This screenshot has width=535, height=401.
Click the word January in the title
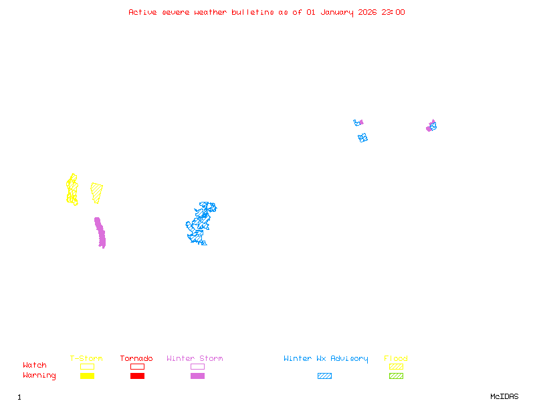tap(337, 12)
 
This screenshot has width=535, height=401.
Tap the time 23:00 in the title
tap(393, 12)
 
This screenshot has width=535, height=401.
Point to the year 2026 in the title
tap(368, 12)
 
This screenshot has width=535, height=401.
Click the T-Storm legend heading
tap(86, 359)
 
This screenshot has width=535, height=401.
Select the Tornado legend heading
tap(136, 359)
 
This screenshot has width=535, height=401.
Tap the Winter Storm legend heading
tap(195, 359)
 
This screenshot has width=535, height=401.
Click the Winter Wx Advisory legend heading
tap(326, 359)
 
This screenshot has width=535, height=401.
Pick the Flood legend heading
tap(396, 359)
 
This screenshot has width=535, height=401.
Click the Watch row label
tap(35, 366)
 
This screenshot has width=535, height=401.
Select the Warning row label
tap(39, 376)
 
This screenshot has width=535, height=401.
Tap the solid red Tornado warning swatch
tap(137, 376)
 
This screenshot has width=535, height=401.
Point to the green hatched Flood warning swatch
tap(396, 376)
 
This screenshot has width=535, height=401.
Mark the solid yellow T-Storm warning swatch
tap(87, 376)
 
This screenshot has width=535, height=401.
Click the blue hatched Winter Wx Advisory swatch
tap(324, 376)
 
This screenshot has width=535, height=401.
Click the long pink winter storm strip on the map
tap(100, 232)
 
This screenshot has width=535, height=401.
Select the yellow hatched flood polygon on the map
tap(97, 192)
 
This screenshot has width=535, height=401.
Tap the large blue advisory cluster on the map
tap(200, 223)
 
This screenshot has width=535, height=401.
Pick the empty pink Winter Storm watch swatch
tap(197, 367)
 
